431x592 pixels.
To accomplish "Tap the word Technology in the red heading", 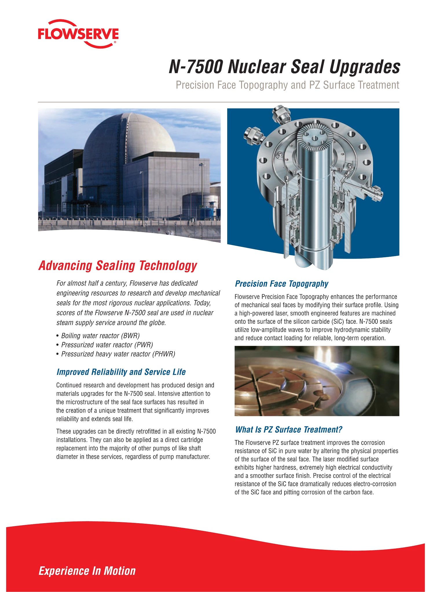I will [x=168, y=266].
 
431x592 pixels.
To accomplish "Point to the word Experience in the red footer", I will [x=64, y=571].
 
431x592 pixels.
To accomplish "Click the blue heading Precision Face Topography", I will [x=281, y=284].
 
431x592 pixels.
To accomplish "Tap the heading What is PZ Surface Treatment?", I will [x=288, y=430].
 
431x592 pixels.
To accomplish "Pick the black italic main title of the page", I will [x=284, y=66].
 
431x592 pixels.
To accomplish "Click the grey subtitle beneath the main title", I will [x=288, y=85].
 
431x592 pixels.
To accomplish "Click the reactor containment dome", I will [x=130, y=136].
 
